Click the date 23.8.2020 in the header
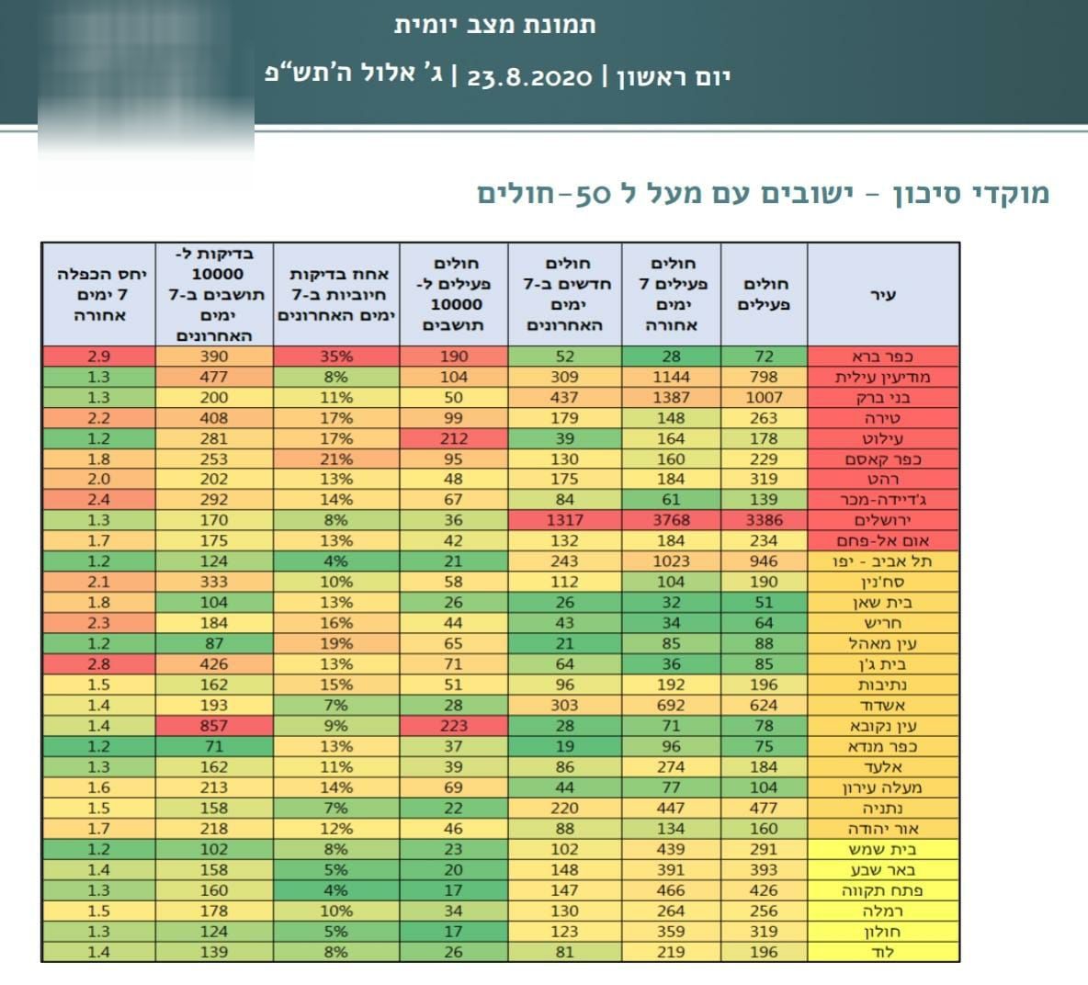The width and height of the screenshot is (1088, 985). pyautogui.click(x=530, y=77)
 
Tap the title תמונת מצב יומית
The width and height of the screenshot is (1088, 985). pyautogui.click(x=495, y=25)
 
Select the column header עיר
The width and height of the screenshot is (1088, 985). pyautogui.click(x=883, y=296)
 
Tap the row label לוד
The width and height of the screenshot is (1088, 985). pyautogui.click(x=883, y=952)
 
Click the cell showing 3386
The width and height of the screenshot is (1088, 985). pyautogui.click(x=764, y=520)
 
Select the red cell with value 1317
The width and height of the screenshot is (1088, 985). pyautogui.click(x=564, y=520)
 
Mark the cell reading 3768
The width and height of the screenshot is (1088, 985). pyautogui.click(x=671, y=520)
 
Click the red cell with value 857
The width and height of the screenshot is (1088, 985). pyautogui.click(x=214, y=726)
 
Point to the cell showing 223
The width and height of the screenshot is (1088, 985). pyautogui.click(x=454, y=726)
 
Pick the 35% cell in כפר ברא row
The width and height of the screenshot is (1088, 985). pyautogui.click(x=335, y=357)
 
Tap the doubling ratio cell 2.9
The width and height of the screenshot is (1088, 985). pyautogui.click(x=98, y=357)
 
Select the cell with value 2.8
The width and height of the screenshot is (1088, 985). pyautogui.click(x=98, y=664)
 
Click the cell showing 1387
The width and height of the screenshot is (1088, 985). pyautogui.click(x=671, y=397)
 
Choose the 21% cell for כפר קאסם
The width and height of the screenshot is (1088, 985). pyautogui.click(x=335, y=459)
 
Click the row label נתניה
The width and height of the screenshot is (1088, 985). pyautogui.click(x=883, y=809)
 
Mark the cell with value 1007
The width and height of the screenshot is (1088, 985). pyautogui.click(x=764, y=397)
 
